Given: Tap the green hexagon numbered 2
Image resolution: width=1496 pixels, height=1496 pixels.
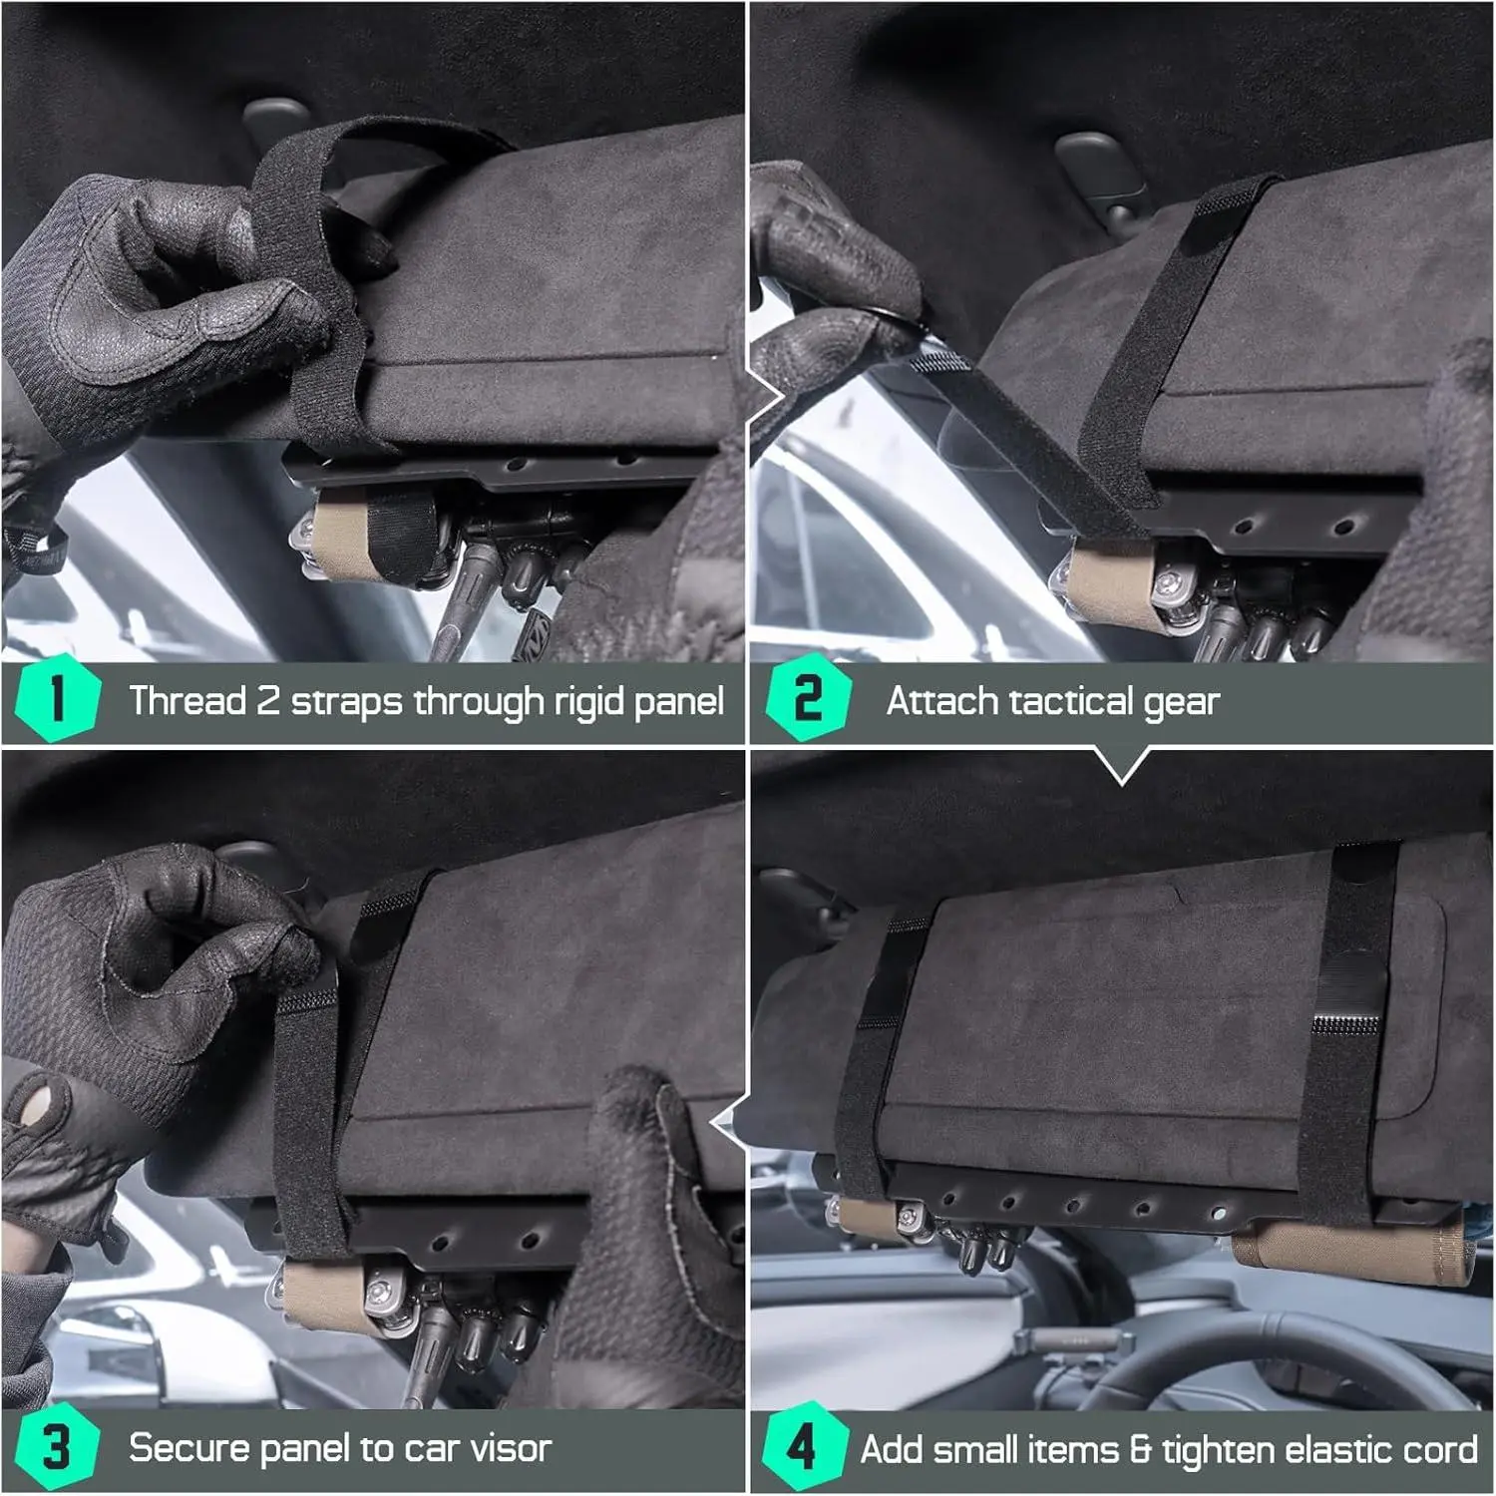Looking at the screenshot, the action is coord(808,697).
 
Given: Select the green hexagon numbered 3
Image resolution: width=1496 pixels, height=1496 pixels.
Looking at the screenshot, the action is coord(58,1446).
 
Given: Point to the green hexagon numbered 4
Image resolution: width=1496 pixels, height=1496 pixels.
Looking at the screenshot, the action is coord(804,1446).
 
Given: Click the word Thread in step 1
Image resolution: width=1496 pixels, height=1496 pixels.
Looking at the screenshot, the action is coord(187,700).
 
